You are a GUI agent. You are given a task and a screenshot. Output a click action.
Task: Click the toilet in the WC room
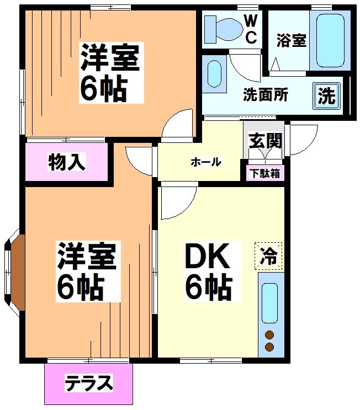(x=224, y=28)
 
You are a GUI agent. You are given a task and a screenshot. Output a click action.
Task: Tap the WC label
(x=251, y=29)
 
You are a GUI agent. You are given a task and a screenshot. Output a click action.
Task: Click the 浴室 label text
(x=291, y=41)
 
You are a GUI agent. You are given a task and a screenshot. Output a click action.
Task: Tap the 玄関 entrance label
(x=265, y=140)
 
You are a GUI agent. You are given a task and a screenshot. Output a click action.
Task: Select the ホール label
(x=206, y=162)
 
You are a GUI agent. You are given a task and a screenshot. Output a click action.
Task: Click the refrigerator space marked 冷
(x=269, y=256)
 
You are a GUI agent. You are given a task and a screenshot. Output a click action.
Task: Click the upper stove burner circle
(x=269, y=334)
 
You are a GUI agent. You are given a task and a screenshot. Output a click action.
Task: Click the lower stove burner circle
(x=269, y=347)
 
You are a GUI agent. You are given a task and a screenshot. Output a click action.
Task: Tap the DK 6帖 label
(x=208, y=270)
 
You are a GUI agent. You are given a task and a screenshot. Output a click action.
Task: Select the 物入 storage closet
(x=67, y=162)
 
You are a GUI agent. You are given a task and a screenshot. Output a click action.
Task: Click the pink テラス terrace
(x=89, y=382)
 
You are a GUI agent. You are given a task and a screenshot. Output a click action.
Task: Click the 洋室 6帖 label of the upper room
(x=110, y=72)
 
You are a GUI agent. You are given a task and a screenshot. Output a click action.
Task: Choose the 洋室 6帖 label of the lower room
(x=87, y=270)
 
